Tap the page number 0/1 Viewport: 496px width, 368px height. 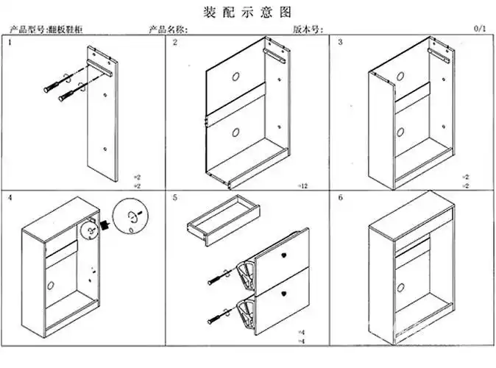(x=480, y=29)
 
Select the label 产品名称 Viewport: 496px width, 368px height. (x=168, y=29)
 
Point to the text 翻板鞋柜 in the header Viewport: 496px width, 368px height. (x=65, y=29)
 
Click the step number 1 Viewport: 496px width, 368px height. (x=10, y=43)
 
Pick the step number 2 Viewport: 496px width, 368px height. (x=175, y=43)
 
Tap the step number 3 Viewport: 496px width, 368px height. (x=340, y=43)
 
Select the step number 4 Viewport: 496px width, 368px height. (x=10, y=198)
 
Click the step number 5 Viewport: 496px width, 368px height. (x=175, y=198)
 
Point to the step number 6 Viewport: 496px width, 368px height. (x=340, y=198)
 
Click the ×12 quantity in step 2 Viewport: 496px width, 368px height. (x=302, y=185)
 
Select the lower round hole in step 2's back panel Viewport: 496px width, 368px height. (x=235, y=133)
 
